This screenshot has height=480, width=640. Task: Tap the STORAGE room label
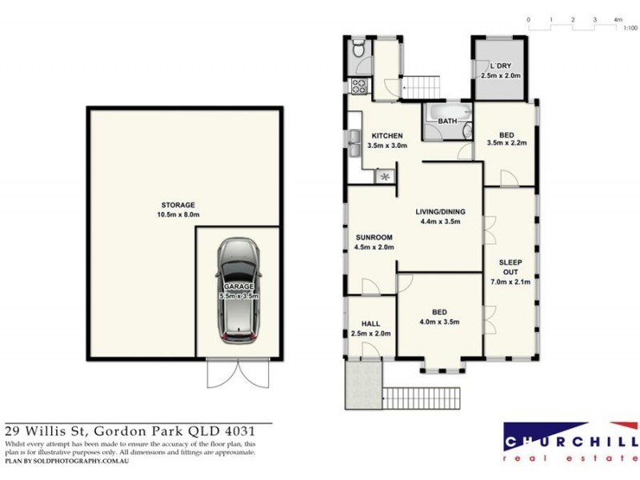(x=178, y=205)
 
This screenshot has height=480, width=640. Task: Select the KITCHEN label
(x=386, y=136)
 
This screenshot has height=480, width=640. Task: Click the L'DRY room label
(x=501, y=66)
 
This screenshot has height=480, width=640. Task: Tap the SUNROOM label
(x=374, y=238)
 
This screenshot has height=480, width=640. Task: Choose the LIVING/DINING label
(x=439, y=212)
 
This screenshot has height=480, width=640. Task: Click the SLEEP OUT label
(x=510, y=266)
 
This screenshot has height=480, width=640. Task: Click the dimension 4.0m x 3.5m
(x=439, y=322)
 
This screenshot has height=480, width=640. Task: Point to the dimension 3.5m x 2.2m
(x=506, y=144)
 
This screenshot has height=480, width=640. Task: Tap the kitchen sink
(x=354, y=145)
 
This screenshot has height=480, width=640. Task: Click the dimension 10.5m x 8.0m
(x=178, y=214)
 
